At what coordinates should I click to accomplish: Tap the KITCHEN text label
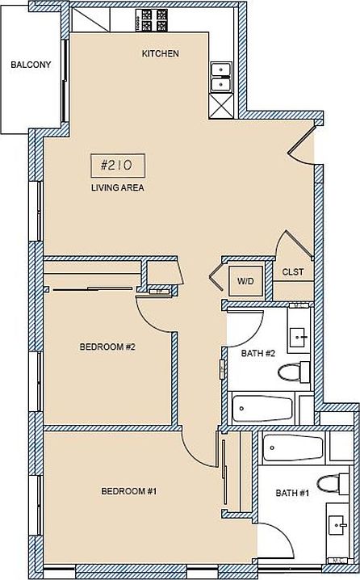click(160, 54)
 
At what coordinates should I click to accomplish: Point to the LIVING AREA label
click(117, 188)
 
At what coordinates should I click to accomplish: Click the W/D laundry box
click(245, 280)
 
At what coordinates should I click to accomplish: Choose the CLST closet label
click(292, 272)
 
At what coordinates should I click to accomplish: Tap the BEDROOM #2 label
click(107, 347)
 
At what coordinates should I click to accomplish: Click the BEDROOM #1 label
click(128, 491)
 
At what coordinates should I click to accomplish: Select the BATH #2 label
click(258, 353)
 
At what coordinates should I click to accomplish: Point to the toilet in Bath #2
click(294, 372)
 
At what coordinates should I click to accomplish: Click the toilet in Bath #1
click(331, 483)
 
